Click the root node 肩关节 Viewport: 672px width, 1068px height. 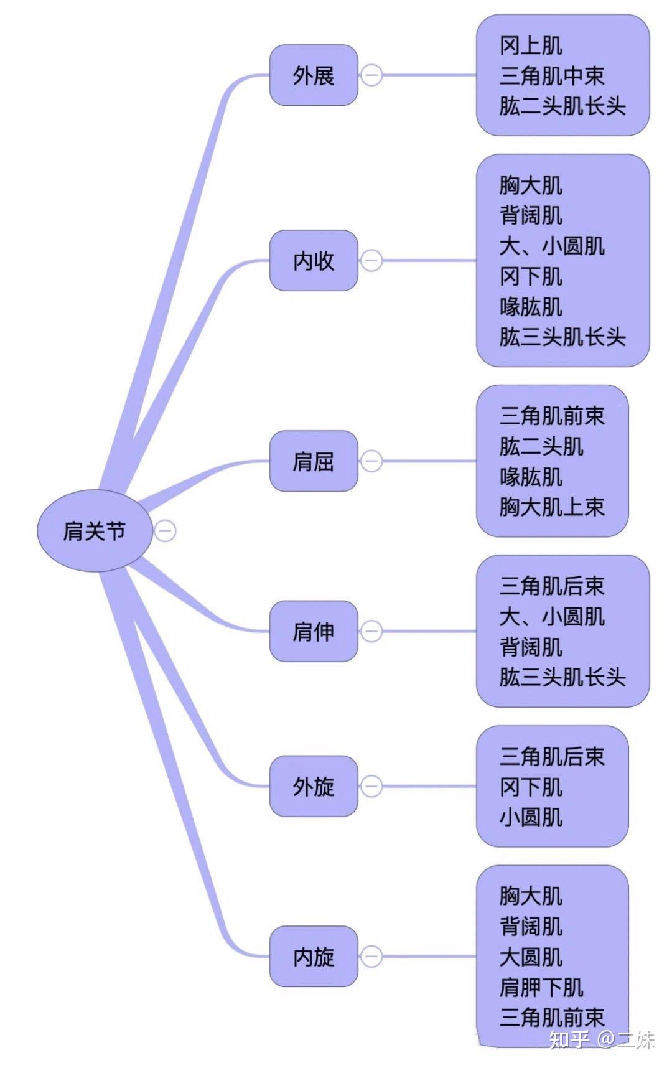[95, 531]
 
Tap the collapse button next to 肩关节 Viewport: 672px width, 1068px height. [165, 531]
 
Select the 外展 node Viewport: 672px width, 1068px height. [314, 75]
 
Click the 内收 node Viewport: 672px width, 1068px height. [314, 260]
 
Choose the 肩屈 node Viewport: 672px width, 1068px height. [314, 461]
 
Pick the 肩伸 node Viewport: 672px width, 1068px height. [314, 631]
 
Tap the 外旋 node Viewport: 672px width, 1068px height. [314, 786]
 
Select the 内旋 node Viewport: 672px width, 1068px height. [314, 956]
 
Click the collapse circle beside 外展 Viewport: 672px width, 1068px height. [371, 75]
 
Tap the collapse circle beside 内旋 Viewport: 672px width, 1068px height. [371, 956]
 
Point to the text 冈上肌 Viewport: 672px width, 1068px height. [531, 45]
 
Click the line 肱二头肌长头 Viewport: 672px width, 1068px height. [562, 106]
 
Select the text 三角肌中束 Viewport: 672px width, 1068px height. [551, 76]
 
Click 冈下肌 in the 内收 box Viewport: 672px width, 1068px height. [531, 276]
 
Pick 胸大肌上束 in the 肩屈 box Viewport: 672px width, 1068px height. [551, 507]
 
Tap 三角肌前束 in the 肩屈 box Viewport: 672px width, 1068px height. [551, 415]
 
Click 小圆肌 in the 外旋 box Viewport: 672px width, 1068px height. [531, 817]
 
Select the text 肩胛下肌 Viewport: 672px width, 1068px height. [541, 987]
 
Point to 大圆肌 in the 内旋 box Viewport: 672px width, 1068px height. [531, 957]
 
